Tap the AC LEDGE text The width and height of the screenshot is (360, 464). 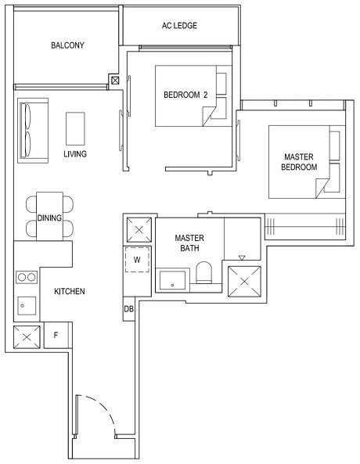click(179, 26)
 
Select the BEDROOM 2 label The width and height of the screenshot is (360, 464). click(185, 95)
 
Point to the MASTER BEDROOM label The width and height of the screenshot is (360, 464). click(300, 162)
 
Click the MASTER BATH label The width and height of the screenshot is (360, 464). click(189, 243)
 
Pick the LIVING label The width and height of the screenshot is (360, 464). click(75, 154)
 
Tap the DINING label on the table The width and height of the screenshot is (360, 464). click(49, 218)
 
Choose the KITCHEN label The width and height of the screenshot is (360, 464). click(69, 292)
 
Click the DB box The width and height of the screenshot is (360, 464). click(128, 309)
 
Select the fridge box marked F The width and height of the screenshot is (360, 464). click(56, 336)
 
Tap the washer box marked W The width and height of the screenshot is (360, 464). click(137, 259)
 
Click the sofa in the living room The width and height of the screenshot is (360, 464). click(31, 131)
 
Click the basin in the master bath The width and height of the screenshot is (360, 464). click(173, 279)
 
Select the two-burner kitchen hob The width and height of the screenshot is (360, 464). click(26, 277)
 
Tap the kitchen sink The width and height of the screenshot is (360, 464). click(24, 305)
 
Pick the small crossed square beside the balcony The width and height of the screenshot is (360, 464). click(116, 80)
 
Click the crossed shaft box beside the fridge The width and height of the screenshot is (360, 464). click(27, 336)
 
